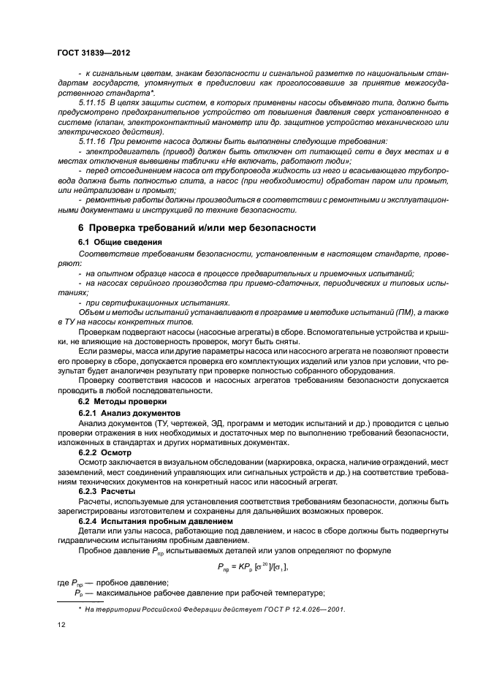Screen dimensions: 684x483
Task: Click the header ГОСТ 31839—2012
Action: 89,53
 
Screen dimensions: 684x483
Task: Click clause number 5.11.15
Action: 92,102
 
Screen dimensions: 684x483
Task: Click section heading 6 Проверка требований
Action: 197,228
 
